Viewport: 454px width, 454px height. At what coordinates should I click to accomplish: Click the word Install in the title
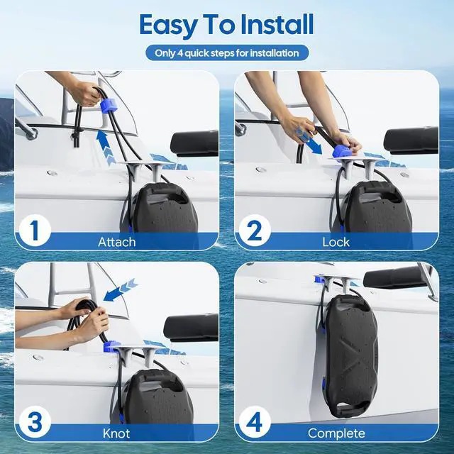coord(277,25)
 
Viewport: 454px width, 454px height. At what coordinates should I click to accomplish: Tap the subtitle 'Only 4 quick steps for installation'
coord(227,53)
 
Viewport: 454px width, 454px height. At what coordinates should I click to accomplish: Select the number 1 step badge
coord(35,230)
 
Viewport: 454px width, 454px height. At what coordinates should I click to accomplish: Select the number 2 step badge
coord(255,230)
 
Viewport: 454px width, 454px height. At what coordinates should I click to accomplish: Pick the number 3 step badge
coord(35,422)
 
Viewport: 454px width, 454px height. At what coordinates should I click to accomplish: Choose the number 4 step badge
coord(255,422)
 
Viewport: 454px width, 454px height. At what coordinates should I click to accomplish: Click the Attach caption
coord(116,242)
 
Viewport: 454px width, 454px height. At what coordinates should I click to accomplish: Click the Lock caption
coord(336,242)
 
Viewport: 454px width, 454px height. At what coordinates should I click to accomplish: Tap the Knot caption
coord(116,433)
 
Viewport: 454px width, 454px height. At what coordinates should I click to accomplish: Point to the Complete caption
coord(336,433)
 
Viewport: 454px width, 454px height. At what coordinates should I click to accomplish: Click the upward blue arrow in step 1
coord(106,147)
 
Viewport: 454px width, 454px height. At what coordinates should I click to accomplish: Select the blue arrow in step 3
coord(120,290)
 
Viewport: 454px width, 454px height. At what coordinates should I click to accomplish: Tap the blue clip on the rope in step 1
coord(109,104)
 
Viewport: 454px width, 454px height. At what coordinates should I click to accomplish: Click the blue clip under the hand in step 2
coord(342,152)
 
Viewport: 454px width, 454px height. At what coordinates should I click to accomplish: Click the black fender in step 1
coord(164,208)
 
